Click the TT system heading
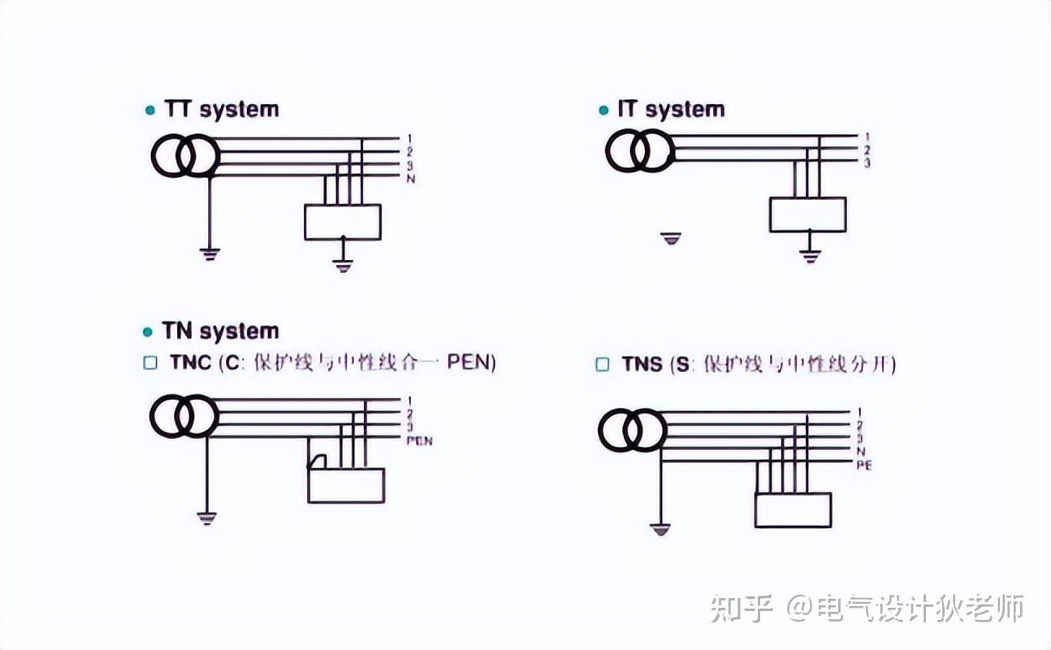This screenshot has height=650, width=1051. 221,110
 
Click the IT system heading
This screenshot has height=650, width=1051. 670,110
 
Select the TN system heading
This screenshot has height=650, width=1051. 219,331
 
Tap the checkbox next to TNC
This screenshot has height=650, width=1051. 149,363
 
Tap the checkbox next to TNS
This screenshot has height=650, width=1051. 602,365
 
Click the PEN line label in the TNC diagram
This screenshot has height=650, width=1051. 419,441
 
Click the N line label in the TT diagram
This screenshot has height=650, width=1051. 411,178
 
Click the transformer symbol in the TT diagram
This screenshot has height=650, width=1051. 185,157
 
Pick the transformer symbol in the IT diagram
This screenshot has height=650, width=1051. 640,151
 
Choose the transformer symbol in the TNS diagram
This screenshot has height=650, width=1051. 633,431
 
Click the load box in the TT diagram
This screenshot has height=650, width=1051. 343,222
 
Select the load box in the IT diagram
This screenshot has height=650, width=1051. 807,214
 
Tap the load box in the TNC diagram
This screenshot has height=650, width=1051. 346,485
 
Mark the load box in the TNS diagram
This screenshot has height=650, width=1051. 793,509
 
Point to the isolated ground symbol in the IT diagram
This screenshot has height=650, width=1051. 670,239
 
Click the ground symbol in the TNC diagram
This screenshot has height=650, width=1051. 206,518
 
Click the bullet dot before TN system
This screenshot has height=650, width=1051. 148,332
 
